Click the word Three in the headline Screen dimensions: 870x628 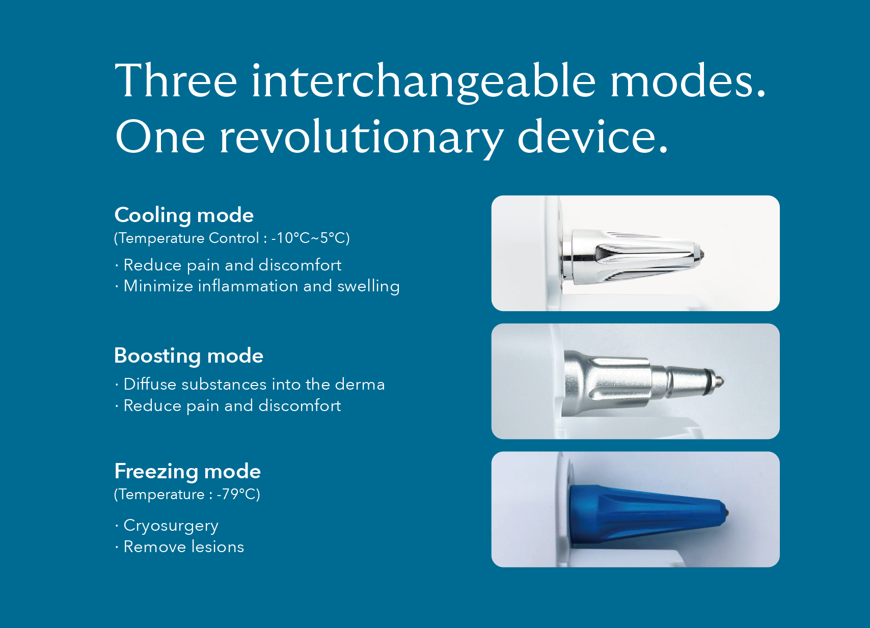point(176,80)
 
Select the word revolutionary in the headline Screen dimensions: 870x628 point(362,138)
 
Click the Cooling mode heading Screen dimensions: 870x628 point(184,215)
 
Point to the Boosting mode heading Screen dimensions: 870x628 point(189,356)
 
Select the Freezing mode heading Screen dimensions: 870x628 point(187,472)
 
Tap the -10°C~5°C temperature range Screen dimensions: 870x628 point(310,238)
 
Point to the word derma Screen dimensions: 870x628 point(360,385)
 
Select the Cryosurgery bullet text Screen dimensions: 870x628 point(171,526)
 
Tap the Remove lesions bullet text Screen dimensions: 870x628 point(184,547)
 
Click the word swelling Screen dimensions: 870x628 point(368,287)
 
